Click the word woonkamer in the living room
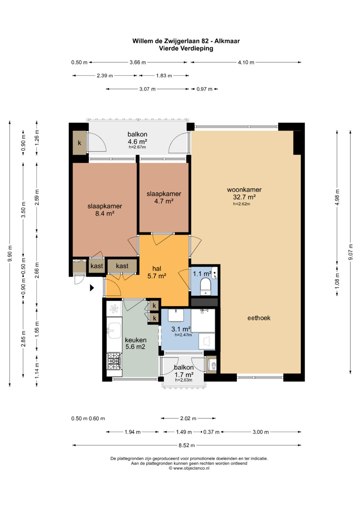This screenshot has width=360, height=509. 244,190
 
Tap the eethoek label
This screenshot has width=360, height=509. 259,318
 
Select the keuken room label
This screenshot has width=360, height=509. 136,340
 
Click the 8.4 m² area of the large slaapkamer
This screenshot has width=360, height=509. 105,214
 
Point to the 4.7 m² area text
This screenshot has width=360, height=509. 164,201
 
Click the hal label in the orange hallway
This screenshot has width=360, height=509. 157,269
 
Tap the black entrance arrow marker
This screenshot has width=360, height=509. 92,288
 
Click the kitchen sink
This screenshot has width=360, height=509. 114,330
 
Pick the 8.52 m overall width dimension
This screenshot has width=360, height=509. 187,445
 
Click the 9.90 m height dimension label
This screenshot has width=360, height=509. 10,254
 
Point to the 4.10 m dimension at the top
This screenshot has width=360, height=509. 246,62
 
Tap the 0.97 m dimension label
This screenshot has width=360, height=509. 204,89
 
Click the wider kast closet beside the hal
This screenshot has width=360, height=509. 122,266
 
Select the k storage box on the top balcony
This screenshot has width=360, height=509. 79,143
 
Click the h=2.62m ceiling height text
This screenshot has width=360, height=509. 242,204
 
